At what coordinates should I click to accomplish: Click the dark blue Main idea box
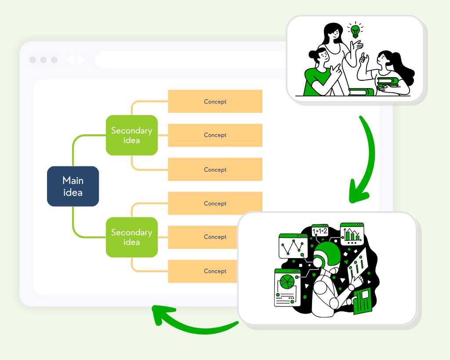coord(73,186)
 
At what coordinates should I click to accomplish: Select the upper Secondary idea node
coord(131,135)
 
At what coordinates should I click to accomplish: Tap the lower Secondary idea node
coord(131,237)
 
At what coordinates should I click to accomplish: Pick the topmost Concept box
coord(215,101)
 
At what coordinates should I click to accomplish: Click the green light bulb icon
coord(355,31)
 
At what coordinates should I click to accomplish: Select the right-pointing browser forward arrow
coord(82,60)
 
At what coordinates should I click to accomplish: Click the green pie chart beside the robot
coord(287,281)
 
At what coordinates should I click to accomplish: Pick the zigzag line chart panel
coord(292,246)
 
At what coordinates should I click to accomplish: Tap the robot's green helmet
coord(327,254)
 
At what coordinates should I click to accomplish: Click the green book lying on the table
coord(361,92)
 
